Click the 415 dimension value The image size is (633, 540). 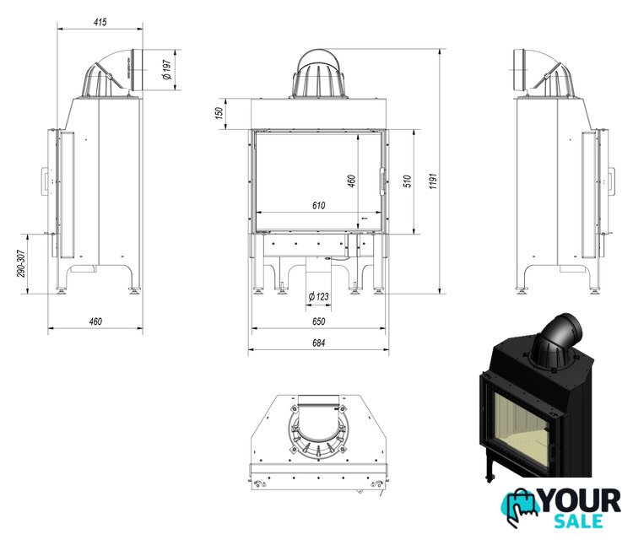point(100,22)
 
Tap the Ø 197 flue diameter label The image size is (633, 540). point(167,69)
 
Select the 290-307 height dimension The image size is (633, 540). point(21,263)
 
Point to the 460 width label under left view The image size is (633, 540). point(95,321)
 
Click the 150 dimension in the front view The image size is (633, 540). point(219,112)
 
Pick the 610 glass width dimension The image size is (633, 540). point(318,206)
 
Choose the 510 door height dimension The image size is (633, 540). point(408,181)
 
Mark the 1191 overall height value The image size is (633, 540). point(433,181)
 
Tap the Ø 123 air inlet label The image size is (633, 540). point(318,297)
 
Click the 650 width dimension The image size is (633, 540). point(318,321)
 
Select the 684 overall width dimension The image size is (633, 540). point(318,343)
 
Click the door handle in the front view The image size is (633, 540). point(382,181)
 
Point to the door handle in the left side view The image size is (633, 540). point(44,181)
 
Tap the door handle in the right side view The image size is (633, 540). point(611,181)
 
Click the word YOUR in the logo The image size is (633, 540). point(580,501)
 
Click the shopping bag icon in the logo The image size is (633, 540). point(520,507)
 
